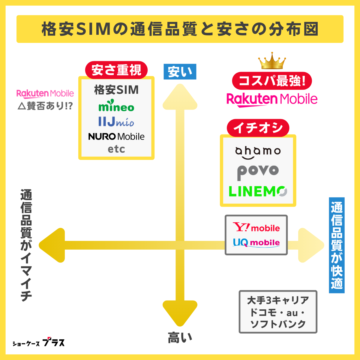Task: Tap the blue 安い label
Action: tap(180, 72)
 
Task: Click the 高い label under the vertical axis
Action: tap(180, 338)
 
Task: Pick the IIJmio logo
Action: tap(116, 121)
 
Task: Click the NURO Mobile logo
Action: tap(116, 136)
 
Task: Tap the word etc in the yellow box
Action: tap(116, 149)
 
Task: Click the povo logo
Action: tap(258, 172)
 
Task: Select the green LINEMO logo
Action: tap(258, 191)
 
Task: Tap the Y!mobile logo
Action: tap(256, 227)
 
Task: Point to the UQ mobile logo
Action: tap(256, 242)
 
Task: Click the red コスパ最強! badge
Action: tap(272, 81)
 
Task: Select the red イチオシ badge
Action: tap(258, 128)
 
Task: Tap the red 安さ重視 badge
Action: tap(116, 70)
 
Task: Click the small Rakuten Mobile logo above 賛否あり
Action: tap(45, 94)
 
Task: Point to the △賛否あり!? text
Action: tap(45, 106)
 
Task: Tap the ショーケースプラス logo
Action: tap(38, 343)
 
